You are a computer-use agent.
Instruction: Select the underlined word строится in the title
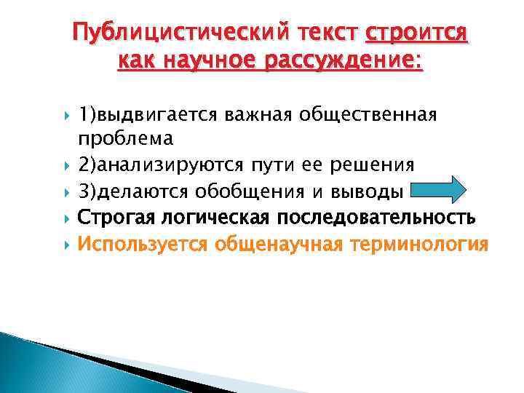point(417,33)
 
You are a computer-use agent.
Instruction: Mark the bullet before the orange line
point(66,244)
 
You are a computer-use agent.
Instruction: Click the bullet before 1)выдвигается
point(66,115)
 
